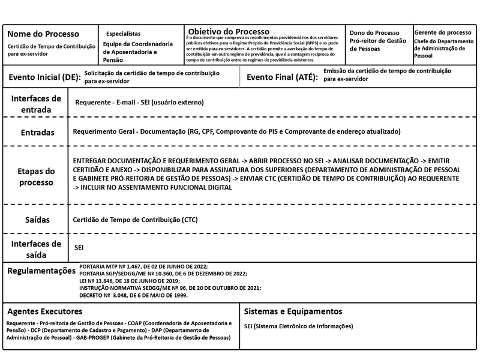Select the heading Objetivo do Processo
pos(229,31)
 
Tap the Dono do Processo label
pos(374,32)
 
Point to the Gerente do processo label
pos(443,32)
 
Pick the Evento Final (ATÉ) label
pos(282,77)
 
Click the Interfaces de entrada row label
pos(36,104)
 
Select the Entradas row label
pos(37,132)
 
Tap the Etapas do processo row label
pos(37,176)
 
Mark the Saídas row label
pos(37,220)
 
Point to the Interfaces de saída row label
pos(36,249)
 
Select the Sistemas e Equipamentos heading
pos(293,311)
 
